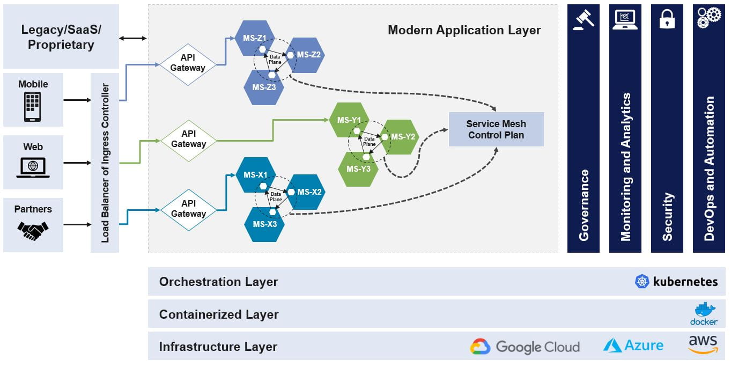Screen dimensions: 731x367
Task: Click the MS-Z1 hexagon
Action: (255, 38)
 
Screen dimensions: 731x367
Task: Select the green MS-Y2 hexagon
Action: (400, 137)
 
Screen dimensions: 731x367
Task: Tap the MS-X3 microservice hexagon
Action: (264, 224)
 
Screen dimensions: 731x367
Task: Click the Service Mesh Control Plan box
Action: (497, 129)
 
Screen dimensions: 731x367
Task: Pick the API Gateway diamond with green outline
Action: (189, 141)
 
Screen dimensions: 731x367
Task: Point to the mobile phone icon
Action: (33, 106)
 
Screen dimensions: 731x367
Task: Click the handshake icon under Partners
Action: (33, 231)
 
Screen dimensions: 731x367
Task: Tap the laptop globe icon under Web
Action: (33, 167)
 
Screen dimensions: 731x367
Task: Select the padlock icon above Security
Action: (667, 19)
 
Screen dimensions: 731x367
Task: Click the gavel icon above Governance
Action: (584, 20)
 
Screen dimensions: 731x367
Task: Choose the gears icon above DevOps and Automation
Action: (709, 18)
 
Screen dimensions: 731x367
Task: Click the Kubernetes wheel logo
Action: (642, 282)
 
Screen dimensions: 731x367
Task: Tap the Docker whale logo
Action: (704, 314)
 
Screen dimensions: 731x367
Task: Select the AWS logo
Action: (703, 344)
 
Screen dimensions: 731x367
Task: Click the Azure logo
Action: (633, 345)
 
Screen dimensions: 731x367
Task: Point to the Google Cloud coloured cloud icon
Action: (480, 347)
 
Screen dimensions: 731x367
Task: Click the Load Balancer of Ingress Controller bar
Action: (105, 163)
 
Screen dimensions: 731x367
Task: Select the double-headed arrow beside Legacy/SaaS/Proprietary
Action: (133, 39)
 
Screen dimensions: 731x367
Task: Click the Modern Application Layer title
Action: (464, 30)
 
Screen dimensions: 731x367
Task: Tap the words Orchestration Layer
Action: (218, 282)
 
